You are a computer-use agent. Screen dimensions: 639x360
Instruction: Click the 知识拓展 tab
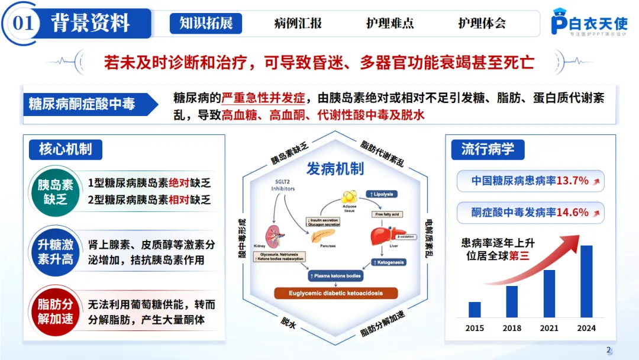pyautogui.click(x=206, y=23)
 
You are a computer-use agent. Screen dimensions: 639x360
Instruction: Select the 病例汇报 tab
pyautogui.click(x=298, y=23)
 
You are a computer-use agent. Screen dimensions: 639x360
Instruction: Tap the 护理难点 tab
pyautogui.click(x=390, y=23)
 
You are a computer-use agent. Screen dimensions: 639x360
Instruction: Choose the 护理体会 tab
pyautogui.click(x=482, y=23)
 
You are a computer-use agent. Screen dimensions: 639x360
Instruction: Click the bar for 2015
pyautogui.click(x=475, y=310)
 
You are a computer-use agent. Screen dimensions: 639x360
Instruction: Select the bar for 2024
pyautogui.click(x=586, y=281)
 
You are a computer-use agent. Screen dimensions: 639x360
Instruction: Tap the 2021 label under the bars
pyautogui.click(x=549, y=328)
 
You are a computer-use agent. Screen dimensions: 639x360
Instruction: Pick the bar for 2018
pyautogui.click(x=512, y=301)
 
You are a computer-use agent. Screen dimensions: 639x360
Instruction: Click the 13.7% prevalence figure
pyautogui.click(x=572, y=181)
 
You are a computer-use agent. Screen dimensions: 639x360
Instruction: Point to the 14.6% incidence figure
pyautogui.click(x=572, y=212)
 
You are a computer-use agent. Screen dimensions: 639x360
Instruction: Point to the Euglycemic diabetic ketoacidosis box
pyautogui.click(x=335, y=293)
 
